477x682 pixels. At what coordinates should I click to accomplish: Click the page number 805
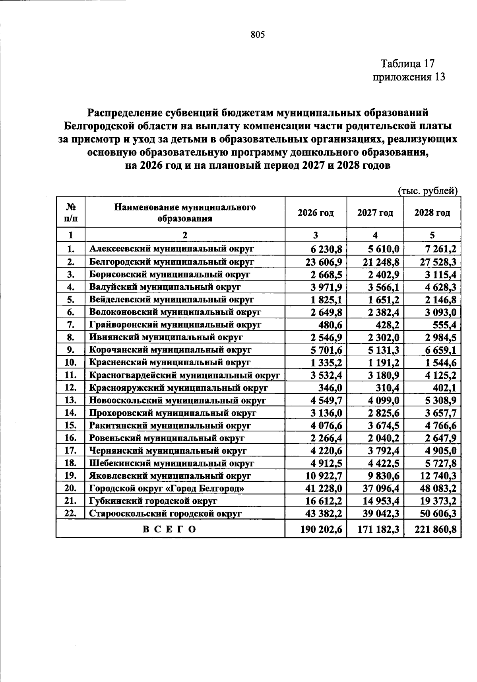click(x=258, y=35)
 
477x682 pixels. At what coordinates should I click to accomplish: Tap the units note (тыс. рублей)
click(x=428, y=191)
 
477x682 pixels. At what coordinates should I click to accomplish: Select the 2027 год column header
click(x=375, y=213)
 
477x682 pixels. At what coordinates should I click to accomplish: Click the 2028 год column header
click(x=432, y=213)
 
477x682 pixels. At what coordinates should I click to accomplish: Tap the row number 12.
click(x=71, y=388)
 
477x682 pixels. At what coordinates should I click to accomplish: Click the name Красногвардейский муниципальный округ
click(x=184, y=375)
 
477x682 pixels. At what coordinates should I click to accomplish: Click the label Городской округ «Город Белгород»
click(x=167, y=489)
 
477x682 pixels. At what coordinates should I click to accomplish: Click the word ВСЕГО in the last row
click(x=170, y=530)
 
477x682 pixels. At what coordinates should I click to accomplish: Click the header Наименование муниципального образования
click(x=185, y=213)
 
